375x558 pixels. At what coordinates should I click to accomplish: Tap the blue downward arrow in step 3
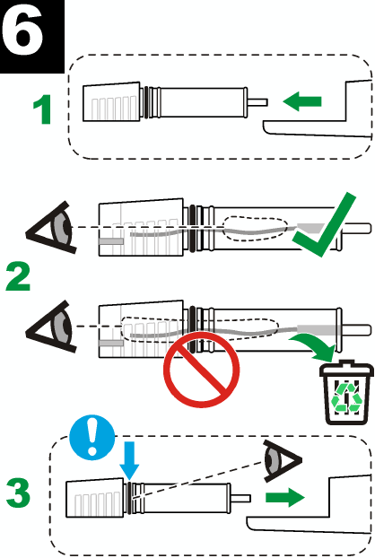pos(127,455)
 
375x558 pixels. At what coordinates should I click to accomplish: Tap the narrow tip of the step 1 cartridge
pos(257,102)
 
